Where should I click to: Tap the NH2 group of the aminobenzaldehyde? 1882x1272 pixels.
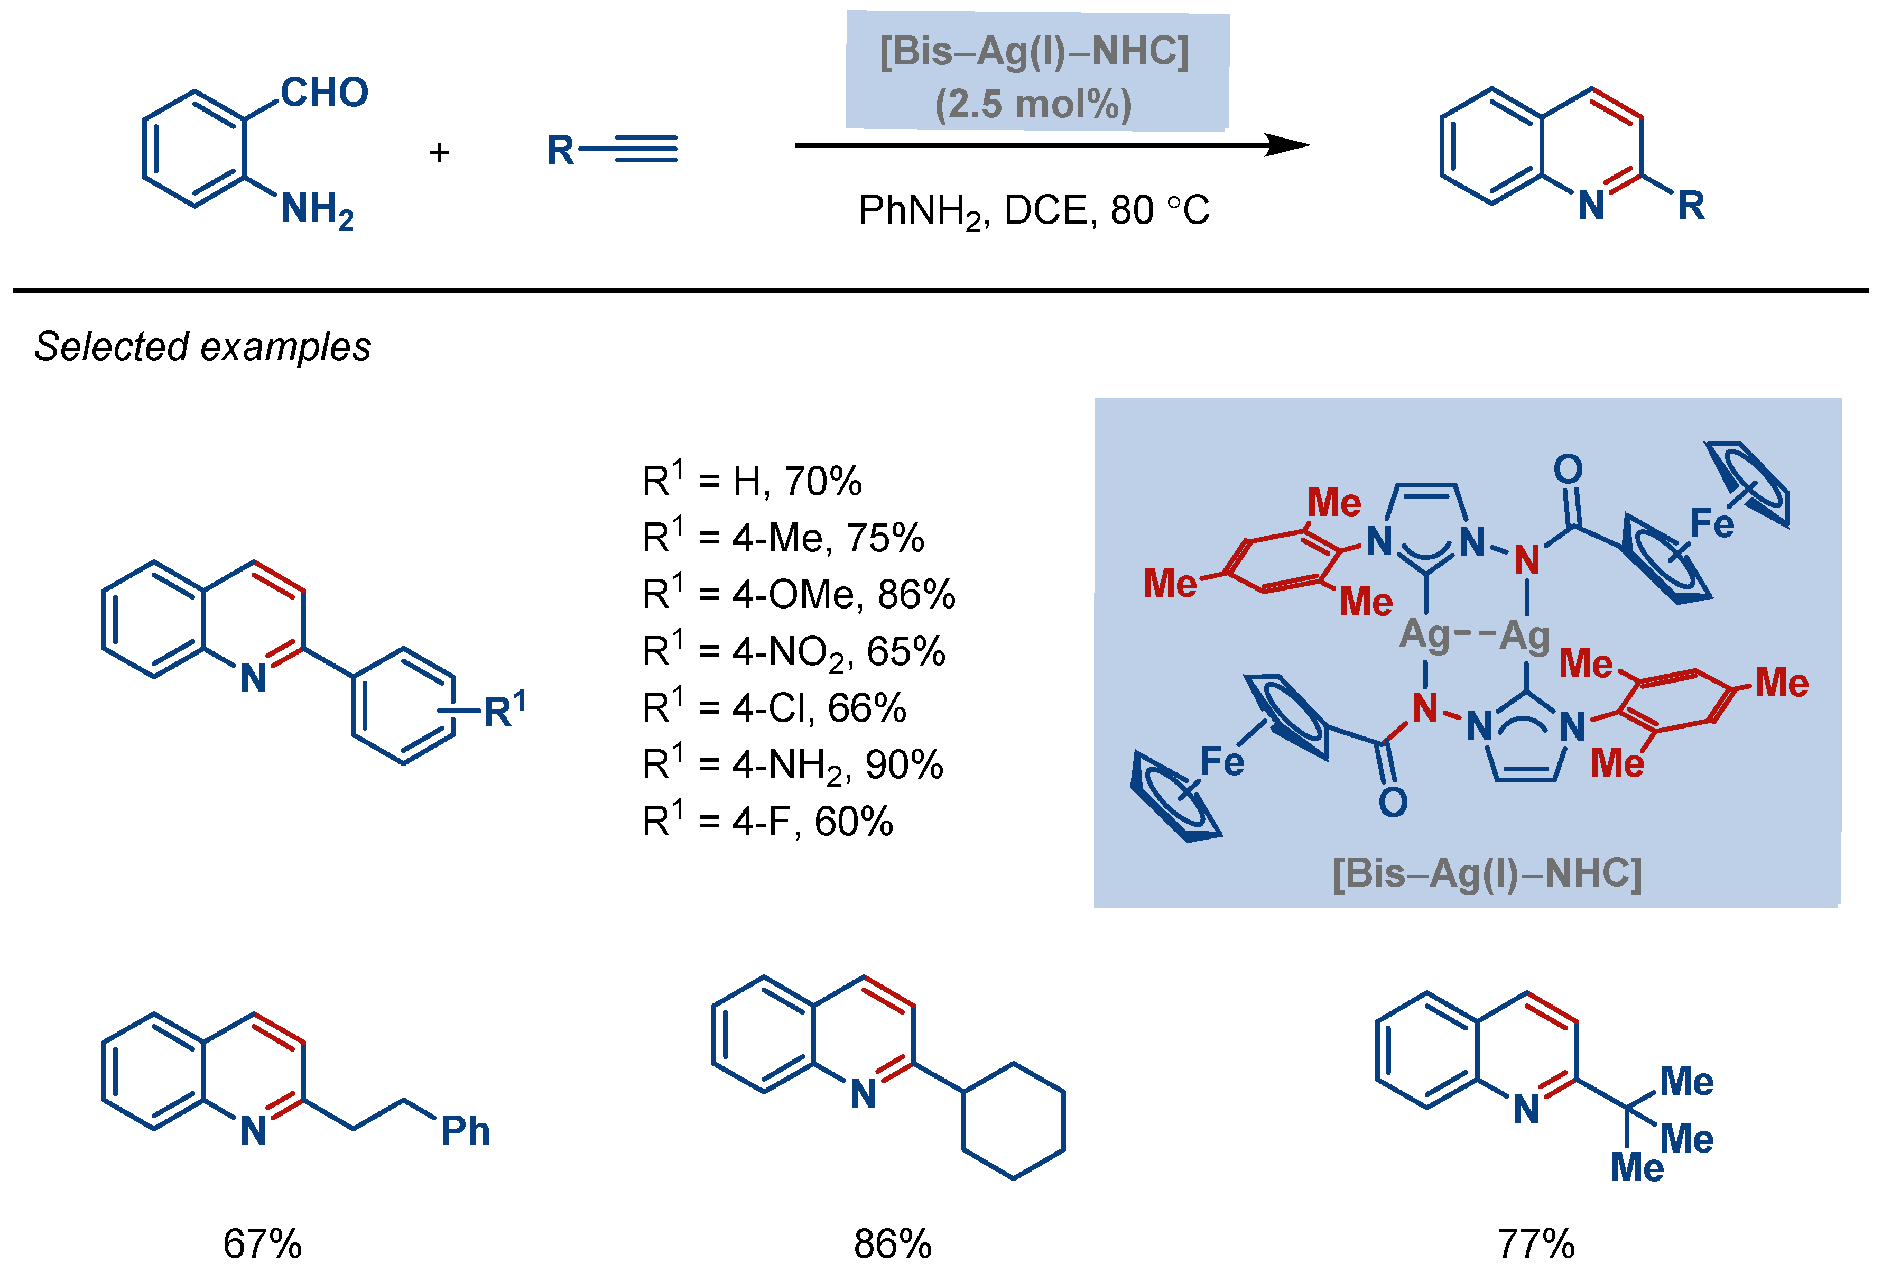(317, 209)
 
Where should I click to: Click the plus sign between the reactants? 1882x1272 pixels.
(439, 152)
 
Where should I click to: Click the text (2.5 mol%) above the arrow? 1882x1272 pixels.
(1033, 105)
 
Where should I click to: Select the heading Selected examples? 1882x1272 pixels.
(202, 347)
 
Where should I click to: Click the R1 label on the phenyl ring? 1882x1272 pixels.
(504, 711)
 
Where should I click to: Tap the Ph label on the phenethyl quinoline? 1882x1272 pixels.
(466, 1131)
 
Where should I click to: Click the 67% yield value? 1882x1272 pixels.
(262, 1243)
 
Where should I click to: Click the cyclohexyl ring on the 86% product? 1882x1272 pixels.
(1013, 1120)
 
